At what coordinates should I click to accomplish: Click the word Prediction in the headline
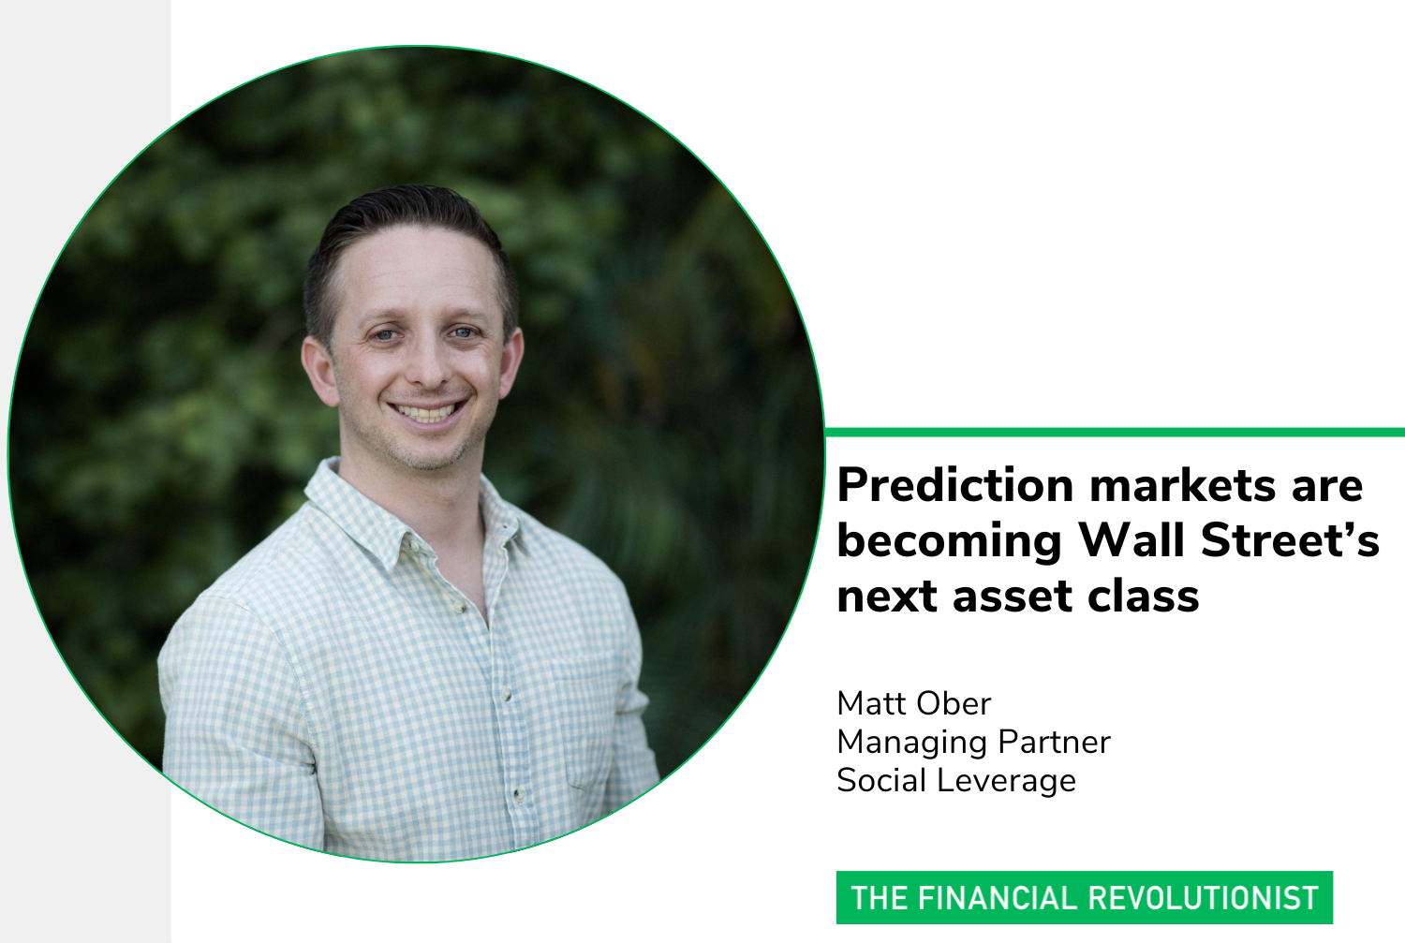[955, 485]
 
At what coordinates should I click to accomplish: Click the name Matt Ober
[913, 703]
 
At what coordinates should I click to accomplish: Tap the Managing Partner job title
[973, 742]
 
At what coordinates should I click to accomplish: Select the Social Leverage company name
[956, 780]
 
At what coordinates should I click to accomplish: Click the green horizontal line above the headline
[1115, 432]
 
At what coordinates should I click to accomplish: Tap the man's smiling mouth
[427, 411]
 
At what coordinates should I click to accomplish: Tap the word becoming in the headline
[949, 540]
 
